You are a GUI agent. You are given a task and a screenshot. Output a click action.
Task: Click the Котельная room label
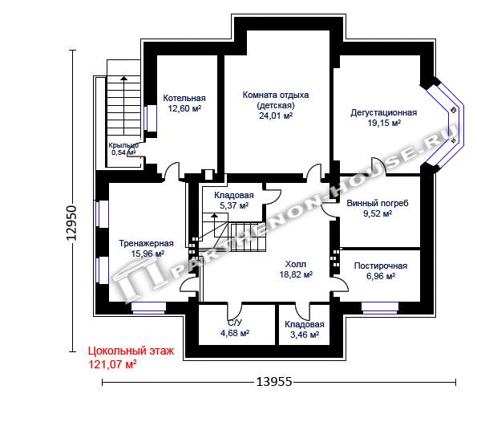pyautogui.click(x=184, y=98)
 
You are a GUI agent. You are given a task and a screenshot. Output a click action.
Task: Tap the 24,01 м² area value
pyautogui.click(x=276, y=116)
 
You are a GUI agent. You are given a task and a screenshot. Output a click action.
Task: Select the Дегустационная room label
pyautogui.click(x=384, y=112)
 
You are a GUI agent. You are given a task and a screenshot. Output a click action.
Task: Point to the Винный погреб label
pyautogui.click(x=378, y=203)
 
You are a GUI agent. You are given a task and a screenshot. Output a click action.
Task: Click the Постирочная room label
pyautogui.click(x=381, y=266)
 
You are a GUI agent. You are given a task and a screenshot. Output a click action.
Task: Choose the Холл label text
pyautogui.click(x=296, y=264)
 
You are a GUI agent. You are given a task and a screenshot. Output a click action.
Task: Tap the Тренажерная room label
pyautogui.click(x=147, y=243)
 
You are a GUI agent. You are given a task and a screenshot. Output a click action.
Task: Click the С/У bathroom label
pyautogui.click(x=235, y=323)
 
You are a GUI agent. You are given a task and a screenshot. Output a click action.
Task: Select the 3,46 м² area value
pyautogui.click(x=305, y=335)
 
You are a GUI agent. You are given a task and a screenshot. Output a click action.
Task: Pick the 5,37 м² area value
pyautogui.click(x=234, y=205)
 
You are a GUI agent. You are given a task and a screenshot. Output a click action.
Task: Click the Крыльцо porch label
pyautogui.click(x=123, y=145)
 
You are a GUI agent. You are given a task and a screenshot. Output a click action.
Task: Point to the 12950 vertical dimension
pyautogui.click(x=72, y=223)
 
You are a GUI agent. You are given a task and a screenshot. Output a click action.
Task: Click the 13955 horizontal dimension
pyautogui.click(x=274, y=382)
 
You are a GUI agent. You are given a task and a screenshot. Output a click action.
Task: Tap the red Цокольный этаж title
pyautogui.click(x=131, y=351)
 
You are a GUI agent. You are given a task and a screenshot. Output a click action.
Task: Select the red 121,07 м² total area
pyautogui.click(x=112, y=364)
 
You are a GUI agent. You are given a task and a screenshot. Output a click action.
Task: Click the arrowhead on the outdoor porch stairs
pyautogui.click(x=123, y=79)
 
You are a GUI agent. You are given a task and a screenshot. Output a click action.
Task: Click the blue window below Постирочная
pyautogui.click(x=380, y=308)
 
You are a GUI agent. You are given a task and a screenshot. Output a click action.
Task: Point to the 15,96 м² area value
pyautogui.click(x=148, y=254)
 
